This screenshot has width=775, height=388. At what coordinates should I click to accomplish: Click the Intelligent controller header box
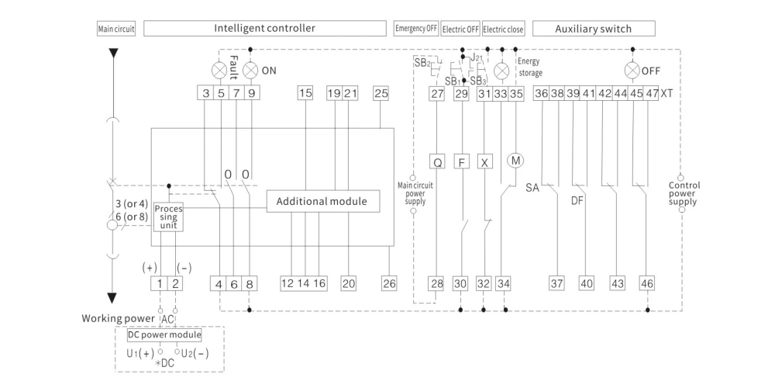pos(265,29)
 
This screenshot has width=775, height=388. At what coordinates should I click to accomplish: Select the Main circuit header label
pos(116,29)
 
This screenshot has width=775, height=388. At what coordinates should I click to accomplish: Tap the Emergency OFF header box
pos(416,29)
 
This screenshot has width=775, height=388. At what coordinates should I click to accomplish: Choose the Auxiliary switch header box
pos(593,29)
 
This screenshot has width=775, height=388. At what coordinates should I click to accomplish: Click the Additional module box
pos(326,202)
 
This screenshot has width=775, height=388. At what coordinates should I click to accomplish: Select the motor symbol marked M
pos(515,161)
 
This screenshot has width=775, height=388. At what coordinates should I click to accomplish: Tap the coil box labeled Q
pos(437,163)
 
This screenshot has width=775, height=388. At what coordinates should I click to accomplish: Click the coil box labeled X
pos(485,163)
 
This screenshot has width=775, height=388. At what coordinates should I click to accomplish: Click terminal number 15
pos(305,94)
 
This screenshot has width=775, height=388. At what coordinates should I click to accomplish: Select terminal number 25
pos(381,94)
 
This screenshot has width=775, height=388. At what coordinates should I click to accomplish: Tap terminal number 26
pos(388,283)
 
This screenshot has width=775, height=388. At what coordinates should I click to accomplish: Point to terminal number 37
pos(556,283)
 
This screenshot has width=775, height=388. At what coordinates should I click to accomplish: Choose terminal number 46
pos(646,283)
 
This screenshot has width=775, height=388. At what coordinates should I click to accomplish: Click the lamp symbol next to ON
pos(250,69)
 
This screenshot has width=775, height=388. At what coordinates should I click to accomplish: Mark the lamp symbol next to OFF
pos(631,70)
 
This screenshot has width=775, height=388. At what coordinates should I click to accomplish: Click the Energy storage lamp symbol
pos(502,70)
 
